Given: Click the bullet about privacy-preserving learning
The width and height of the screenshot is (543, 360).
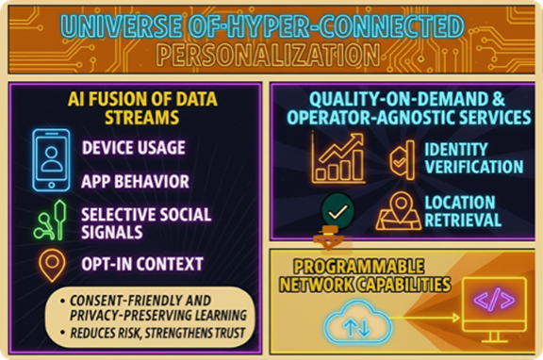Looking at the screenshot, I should point(155,307).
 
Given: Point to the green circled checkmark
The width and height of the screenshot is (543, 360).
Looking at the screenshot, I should point(335,209).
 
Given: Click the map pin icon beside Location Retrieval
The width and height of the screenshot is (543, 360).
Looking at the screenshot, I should point(399,212).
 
